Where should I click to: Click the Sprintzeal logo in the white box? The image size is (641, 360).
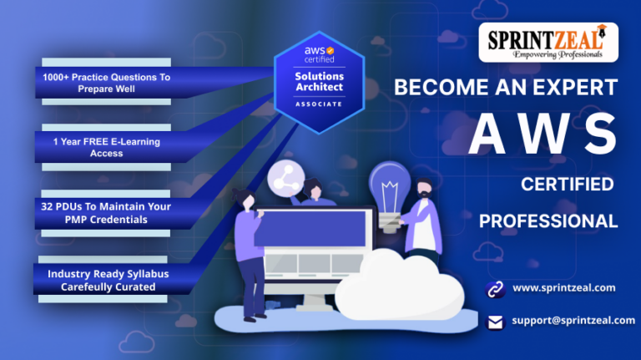click(x=548, y=43)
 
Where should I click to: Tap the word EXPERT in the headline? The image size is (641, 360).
click(x=576, y=87)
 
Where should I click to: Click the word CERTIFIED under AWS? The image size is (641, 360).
click(x=568, y=185)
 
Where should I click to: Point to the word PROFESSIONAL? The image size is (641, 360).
click(x=548, y=221)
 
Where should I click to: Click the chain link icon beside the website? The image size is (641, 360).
click(x=496, y=290)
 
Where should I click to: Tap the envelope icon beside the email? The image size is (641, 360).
click(x=496, y=322)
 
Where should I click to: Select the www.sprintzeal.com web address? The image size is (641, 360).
click(x=564, y=288)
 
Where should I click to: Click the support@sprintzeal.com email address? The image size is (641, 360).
click(x=573, y=320)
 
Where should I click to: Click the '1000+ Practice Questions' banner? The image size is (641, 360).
click(x=106, y=82)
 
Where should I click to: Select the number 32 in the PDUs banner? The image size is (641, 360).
click(x=47, y=206)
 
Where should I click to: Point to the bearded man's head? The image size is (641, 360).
click(x=424, y=189)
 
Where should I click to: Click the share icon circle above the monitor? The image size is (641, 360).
click(x=285, y=179)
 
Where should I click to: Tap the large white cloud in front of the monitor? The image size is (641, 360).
click(x=400, y=285)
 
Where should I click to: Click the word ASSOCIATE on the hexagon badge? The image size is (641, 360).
click(x=319, y=104)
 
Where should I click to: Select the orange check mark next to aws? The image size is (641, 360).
click(x=331, y=50)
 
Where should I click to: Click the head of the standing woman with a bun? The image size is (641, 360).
click(x=246, y=200)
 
